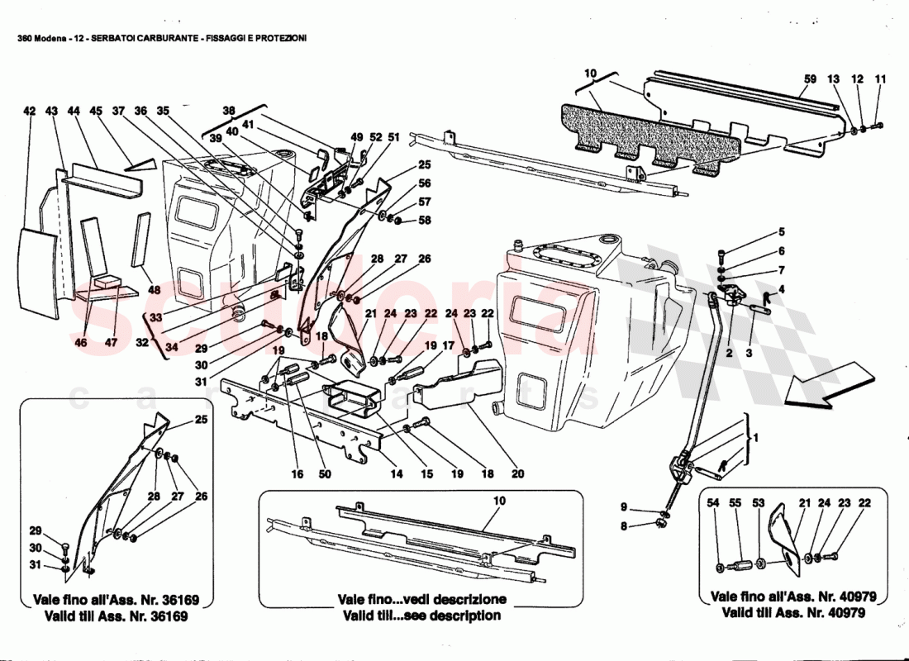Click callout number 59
(810, 79)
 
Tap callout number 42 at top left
(30, 111)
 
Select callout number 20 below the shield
(517, 474)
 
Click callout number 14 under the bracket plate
(397, 474)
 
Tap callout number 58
(425, 221)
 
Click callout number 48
(155, 290)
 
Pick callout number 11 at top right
(880, 79)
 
